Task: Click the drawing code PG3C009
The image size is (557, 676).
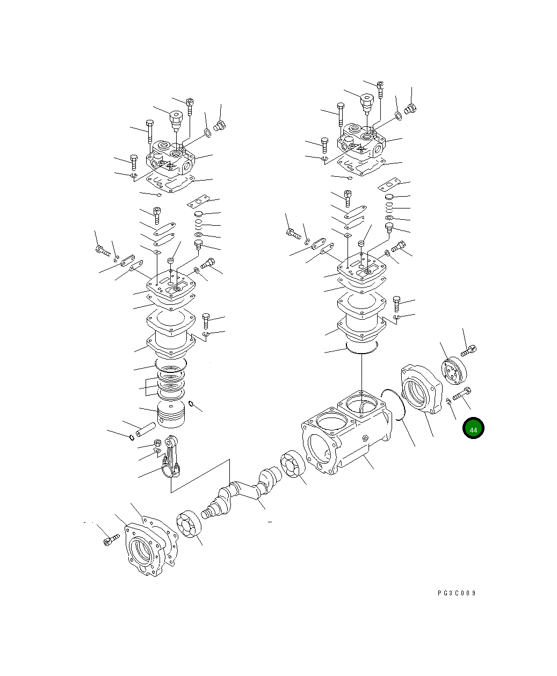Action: pyautogui.click(x=457, y=593)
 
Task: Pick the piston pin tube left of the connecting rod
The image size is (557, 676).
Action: pyautogui.click(x=146, y=430)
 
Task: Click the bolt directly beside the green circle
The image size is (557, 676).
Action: pyautogui.click(x=462, y=394)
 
